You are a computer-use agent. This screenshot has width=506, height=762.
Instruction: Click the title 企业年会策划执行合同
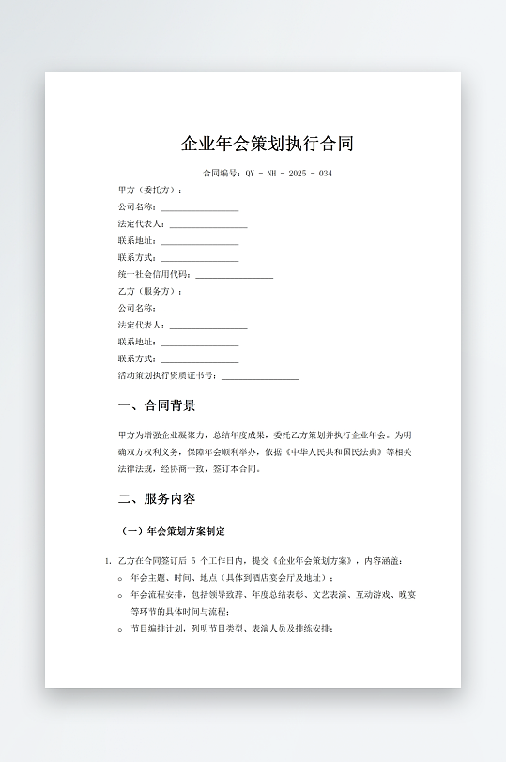[x=268, y=145]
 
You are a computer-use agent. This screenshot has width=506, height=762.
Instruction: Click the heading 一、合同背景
[x=157, y=406]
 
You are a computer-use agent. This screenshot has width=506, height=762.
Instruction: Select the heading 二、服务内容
[x=157, y=499]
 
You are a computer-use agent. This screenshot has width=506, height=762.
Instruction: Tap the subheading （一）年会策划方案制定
[x=174, y=532]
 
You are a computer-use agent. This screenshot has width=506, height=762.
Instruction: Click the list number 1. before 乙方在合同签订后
[x=108, y=561]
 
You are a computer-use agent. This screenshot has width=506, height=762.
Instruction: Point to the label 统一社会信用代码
[x=154, y=275]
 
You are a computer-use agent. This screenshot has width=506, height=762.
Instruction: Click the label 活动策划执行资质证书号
[x=167, y=376]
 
